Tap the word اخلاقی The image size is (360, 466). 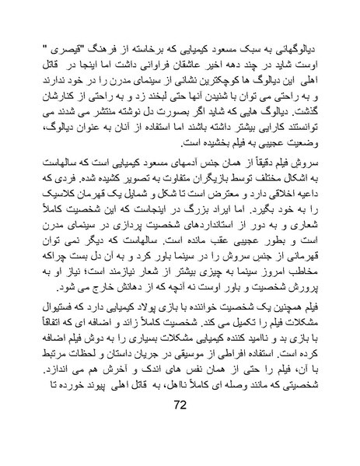click(x=287, y=190)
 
